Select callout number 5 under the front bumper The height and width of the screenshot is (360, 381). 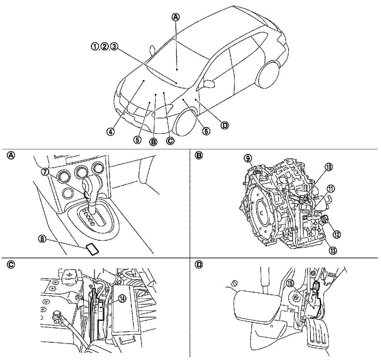137,140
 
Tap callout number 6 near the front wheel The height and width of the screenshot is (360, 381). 206,131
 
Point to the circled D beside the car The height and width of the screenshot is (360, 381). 225,126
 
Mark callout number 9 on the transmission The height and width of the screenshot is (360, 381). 248,158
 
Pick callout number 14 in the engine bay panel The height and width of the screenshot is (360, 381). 122,299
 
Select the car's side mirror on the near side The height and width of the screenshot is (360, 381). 209,84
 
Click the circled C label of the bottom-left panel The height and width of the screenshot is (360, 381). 11,265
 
